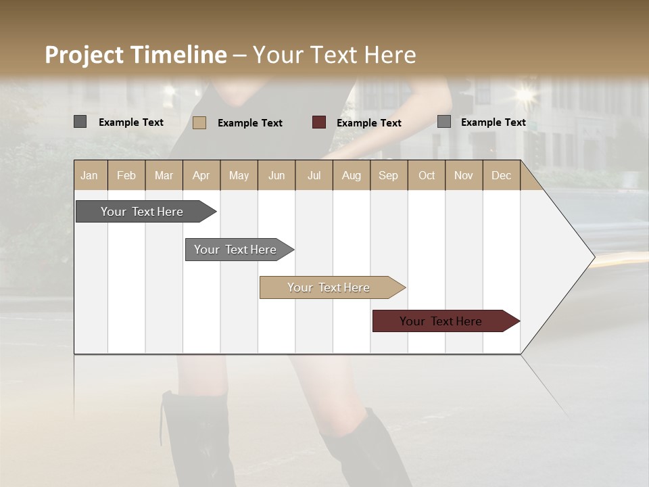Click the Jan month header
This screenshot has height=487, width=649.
[89, 176]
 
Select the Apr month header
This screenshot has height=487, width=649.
[201, 176]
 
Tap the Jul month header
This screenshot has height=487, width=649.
[314, 176]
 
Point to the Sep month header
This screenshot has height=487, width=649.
[388, 176]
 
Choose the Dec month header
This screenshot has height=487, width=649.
[501, 176]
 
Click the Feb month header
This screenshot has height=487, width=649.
[126, 176]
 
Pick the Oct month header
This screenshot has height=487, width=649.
[427, 176]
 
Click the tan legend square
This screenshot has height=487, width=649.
[199, 122]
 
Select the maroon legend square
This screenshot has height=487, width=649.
[319, 122]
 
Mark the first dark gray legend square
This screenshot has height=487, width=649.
[80, 122]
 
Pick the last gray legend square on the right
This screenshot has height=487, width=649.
[444, 122]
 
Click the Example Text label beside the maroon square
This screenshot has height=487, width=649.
[369, 123]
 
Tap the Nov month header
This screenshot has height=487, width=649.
[464, 176]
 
